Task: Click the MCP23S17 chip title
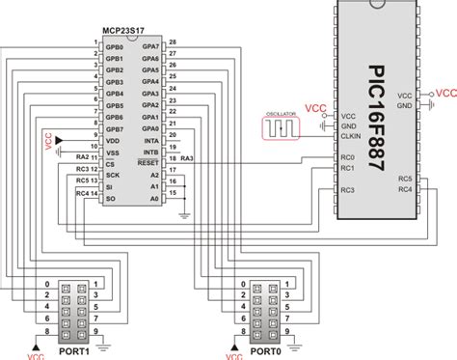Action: [x=131, y=32]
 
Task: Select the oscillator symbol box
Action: [x=280, y=127]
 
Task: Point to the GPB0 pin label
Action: [x=115, y=45]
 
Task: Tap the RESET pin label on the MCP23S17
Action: [x=148, y=164]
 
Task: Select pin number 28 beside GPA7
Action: [x=173, y=43]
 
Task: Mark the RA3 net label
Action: [x=186, y=157]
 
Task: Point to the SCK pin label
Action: [x=113, y=176]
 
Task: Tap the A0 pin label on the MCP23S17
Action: [x=153, y=199]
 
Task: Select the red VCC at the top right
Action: [x=446, y=93]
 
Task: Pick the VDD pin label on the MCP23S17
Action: [x=113, y=140]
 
